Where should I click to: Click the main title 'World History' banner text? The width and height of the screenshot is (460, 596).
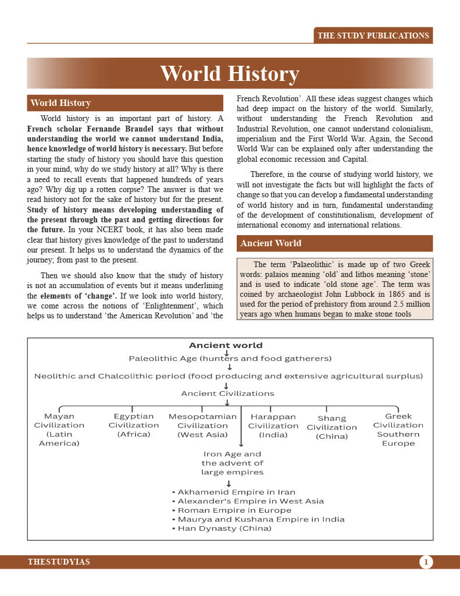click(x=230, y=74)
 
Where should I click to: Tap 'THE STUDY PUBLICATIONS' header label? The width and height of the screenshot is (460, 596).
click(x=373, y=36)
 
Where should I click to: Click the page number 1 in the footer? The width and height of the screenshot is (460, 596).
click(x=426, y=562)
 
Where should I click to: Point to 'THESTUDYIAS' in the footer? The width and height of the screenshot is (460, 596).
click(x=59, y=562)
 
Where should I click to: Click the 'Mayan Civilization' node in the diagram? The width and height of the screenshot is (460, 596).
click(x=59, y=430)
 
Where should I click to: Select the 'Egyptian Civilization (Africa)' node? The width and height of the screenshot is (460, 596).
click(x=134, y=425)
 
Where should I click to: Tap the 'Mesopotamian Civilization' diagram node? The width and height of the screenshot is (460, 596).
click(x=202, y=425)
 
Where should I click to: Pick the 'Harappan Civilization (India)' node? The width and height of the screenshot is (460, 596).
click(x=273, y=425)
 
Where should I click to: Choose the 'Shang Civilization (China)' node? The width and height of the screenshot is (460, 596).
click(x=331, y=427)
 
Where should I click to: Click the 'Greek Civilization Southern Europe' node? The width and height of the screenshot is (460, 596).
click(x=398, y=430)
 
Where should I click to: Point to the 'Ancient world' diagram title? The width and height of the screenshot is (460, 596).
click(x=226, y=345)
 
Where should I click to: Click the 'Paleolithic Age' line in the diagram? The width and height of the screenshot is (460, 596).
click(x=230, y=359)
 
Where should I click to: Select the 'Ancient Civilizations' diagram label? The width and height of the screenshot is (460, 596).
click(x=227, y=393)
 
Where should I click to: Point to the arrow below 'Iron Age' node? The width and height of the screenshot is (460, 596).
click(x=229, y=483)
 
